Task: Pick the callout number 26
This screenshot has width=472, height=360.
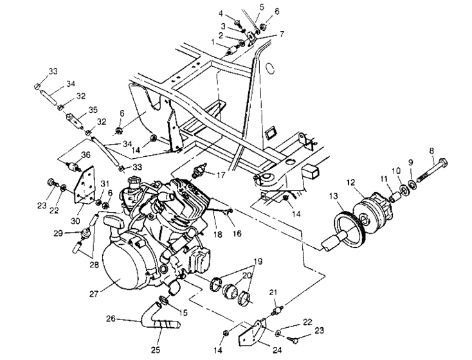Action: click(x=111, y=318)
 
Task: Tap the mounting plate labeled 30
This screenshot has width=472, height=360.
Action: click(x=82, y=186)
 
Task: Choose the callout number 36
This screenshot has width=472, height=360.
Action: click(x=84, y=154)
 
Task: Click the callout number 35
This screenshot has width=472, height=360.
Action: click(x=93, y=109)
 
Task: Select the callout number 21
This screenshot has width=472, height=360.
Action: click(x=272, y=293)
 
